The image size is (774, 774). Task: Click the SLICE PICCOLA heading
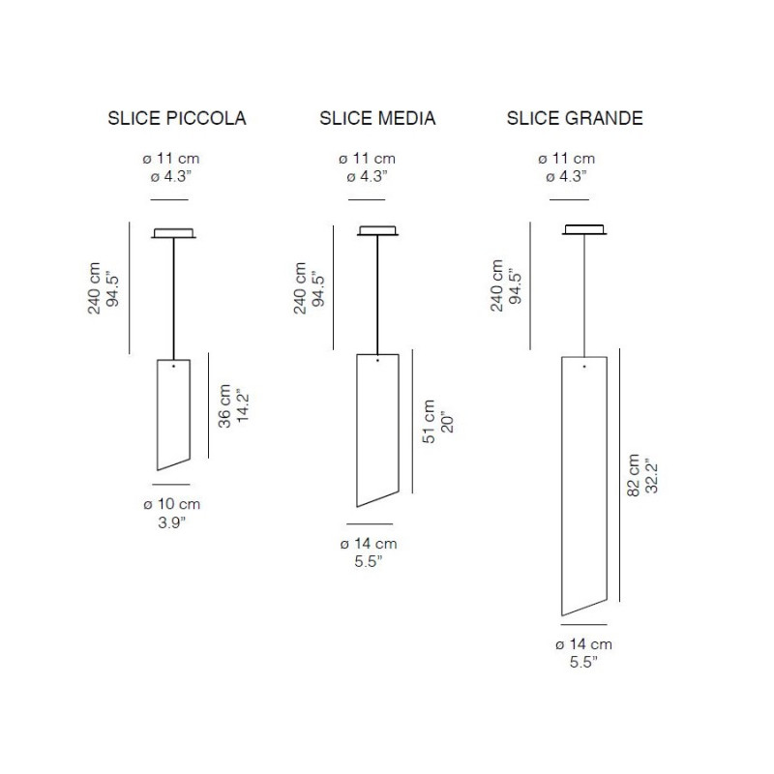tap(176, 119)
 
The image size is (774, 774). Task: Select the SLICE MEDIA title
tap(377, 119)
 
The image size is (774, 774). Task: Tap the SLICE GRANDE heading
tap(575, 119)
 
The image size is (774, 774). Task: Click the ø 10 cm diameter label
tap(173, 504)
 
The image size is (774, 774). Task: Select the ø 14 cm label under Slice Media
tap(368, 544)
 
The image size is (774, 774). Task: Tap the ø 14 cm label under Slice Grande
tap(583, 643)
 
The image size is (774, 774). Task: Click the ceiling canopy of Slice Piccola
tap(173, 232)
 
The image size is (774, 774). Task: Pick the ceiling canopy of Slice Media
tap(377, 231)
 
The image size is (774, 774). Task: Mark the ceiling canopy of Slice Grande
tap(584, 230)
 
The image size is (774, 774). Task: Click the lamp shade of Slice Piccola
tap(173, 411)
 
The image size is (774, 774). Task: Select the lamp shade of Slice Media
tap(377, 426)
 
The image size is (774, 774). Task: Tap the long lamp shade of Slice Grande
tap(583, 484)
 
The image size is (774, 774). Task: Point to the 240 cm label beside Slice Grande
tap(495, 286)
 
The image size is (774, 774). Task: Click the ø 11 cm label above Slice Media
tap(367, 159)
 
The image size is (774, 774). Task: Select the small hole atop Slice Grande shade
tap(584, 367)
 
